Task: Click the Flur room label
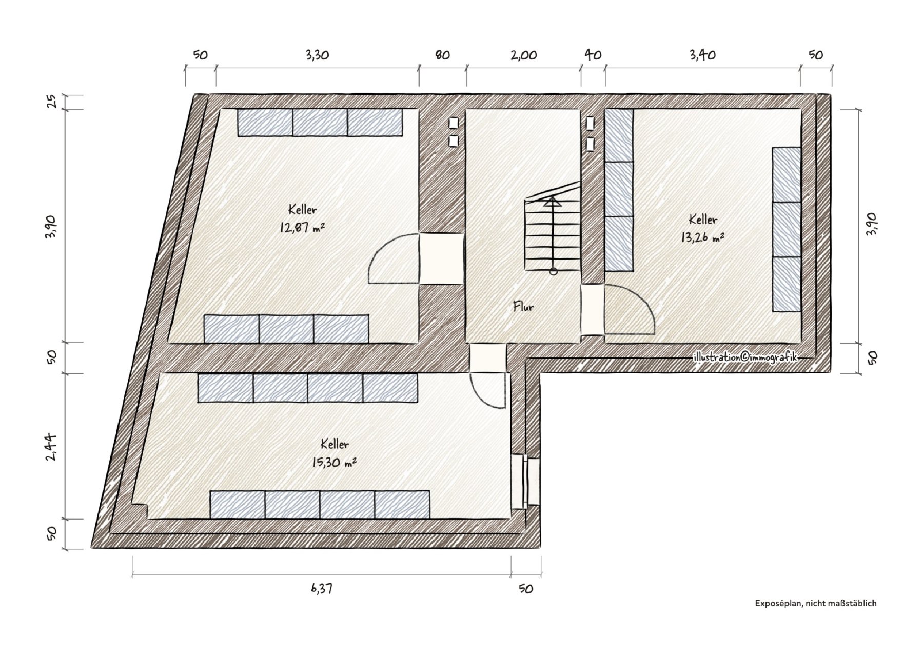point(523,307)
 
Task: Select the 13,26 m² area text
point(702,237)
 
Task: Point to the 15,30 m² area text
point(333,463)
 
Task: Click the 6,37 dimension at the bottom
point(322,588)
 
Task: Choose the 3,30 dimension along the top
point(317,55)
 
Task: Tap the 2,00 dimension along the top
point(524,55)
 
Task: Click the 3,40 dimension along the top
point(702,55)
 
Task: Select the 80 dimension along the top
point(443,55)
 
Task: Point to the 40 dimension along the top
point(593,55)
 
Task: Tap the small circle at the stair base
point(553,272)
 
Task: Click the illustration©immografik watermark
point(745,357)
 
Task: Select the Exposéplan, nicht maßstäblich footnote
point(816,604)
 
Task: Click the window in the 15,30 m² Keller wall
point(526,482)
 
